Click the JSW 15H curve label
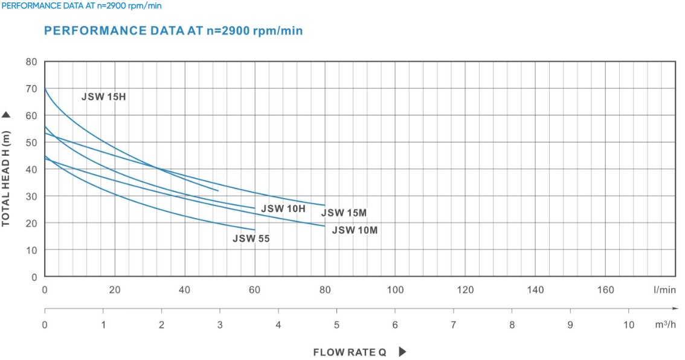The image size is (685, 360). (103, 97)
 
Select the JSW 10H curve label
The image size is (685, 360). (283, 208)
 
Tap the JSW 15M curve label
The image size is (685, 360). (344, 213)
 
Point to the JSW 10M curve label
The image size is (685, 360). (355, 230)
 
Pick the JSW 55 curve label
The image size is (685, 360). (251, 239)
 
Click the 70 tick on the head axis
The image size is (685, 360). (31, 89)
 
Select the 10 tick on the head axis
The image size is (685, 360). (31, 250)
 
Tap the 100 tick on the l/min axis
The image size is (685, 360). (395, 290)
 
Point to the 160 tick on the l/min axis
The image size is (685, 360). (605, 290)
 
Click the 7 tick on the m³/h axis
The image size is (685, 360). (454, 324)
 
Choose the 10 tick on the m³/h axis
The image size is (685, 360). (629, 324)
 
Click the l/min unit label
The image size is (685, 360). (664, 290)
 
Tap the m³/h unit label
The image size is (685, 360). (665, 324)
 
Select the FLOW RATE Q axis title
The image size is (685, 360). (349, 352)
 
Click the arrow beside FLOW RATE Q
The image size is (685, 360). (402, 352)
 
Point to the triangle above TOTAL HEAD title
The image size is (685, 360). (7, 115)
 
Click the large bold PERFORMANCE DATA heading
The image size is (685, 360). (173, 30)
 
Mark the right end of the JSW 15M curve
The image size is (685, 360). (325, 205)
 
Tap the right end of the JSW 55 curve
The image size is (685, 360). (255, 230)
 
